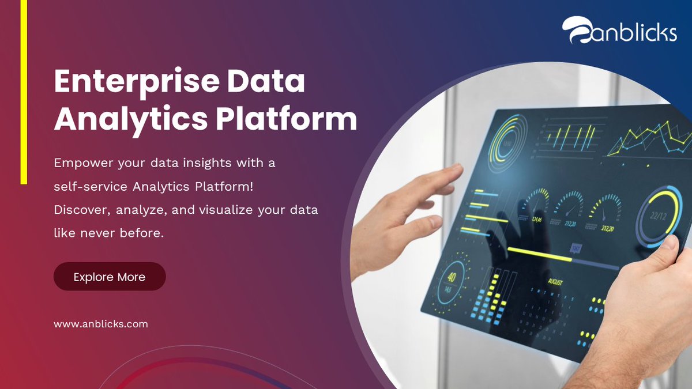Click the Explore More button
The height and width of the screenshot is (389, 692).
coord(110,277)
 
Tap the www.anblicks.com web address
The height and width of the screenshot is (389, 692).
coord(101,324)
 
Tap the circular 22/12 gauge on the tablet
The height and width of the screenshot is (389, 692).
coord(659,217)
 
